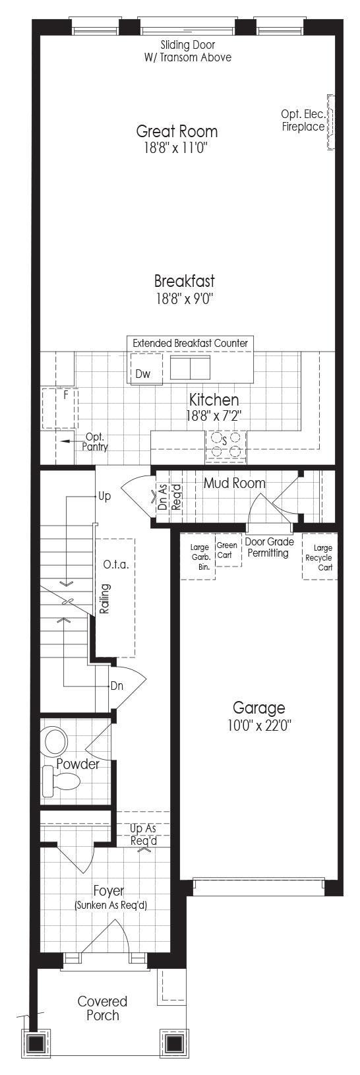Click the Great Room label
pos(177,131)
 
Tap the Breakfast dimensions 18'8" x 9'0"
pos(185,299)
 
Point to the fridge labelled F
pos(60,408)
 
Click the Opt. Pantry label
pos(95,441)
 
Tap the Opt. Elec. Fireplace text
pos(303,121)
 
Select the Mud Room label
pos(234,483)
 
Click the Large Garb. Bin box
pos(198,556)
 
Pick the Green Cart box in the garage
pos(229,550)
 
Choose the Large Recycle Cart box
pos(320,557)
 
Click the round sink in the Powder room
pos(56,742)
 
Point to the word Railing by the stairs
pos(105,599)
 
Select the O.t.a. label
pos(116,565)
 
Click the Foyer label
pos(109,891)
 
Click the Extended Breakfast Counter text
pos(190,343)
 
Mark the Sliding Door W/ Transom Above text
pos(188,51)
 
